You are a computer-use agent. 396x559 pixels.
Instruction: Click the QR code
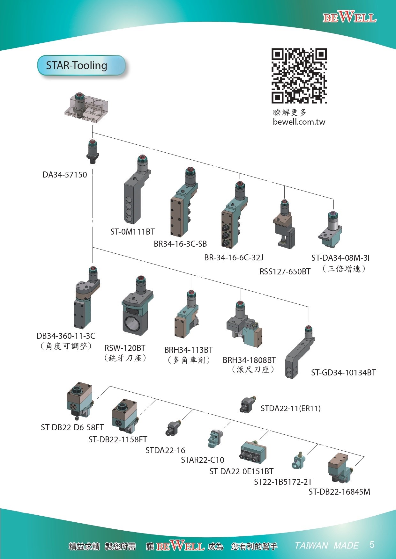[299, 76]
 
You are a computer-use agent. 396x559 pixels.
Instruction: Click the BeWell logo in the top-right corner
[349, 17]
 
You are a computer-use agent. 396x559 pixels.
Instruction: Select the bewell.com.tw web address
[299, 122]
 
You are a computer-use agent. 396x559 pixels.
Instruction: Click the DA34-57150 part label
[65, 175]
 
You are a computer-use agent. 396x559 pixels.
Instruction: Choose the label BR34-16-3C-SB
[180, 244]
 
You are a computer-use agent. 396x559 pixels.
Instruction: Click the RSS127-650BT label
[285, 272]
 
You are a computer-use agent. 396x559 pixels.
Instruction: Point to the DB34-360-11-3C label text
[66, 336]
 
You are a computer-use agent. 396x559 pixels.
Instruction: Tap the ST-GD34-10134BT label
[343, 372]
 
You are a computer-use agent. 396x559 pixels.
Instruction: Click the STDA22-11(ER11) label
[290, 408]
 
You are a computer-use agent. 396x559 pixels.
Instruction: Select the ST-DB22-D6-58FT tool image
[79, 401]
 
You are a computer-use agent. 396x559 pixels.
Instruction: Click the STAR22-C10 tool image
[215, 439]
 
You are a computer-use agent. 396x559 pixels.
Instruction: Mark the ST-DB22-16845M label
[339, 492]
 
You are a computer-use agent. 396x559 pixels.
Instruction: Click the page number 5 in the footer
[372, 544]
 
